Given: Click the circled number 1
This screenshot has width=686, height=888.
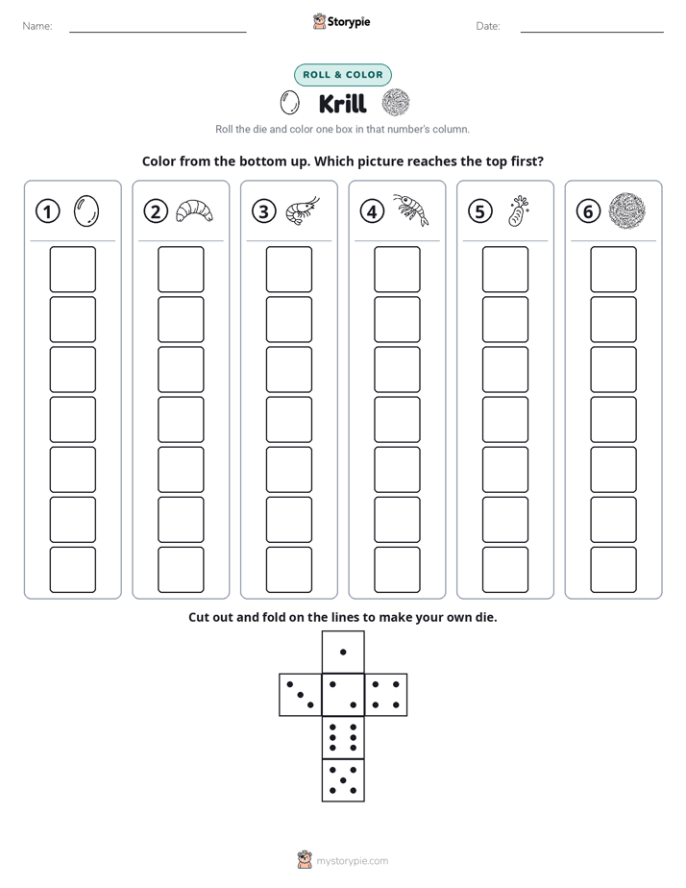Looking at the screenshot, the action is [x=47, y=211].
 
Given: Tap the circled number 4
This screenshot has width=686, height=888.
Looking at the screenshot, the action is [x=372, y=211].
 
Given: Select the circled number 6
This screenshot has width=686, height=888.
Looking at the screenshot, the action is [x=588, y=211].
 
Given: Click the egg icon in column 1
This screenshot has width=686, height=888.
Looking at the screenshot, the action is [x=86, y=211].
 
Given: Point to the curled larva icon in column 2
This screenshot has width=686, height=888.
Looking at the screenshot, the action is [x=195, y=210].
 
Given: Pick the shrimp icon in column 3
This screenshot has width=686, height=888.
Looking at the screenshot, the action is [x=303, y=210].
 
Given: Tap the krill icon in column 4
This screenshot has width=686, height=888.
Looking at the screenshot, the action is [x=411, y=210].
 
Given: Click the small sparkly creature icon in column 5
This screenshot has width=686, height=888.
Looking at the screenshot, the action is [x=519, y=211].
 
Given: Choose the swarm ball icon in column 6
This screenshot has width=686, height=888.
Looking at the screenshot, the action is [x=626, y=210].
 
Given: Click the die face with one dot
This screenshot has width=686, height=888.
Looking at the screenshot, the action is [x=343, y=653].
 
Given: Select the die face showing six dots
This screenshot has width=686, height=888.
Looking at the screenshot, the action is [x=343, y=737].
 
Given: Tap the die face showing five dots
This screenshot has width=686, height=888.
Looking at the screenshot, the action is [x=343, y=779].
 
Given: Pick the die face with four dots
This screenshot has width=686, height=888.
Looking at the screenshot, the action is [x=386, y=695].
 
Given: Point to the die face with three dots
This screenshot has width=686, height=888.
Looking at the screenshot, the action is [x=301, y=695].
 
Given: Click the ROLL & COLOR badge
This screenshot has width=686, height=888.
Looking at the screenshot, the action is [x=343, y=75].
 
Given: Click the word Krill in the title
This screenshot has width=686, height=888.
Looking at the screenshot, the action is [x=343, y=104].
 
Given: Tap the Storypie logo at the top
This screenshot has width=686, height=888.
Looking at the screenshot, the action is [x=341, y=21].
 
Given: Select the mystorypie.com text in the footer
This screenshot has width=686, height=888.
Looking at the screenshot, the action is [x=352, y=861].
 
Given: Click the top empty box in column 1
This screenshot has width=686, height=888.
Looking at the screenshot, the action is [x=72, y=269].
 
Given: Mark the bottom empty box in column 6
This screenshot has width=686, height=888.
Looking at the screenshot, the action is [x=614, y=570].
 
